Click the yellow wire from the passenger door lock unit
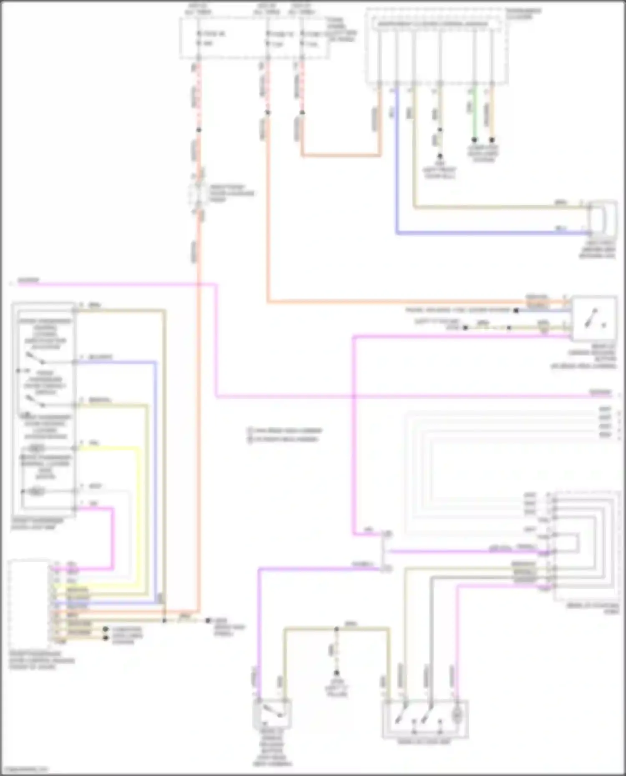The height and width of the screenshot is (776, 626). pyautogui.click(x=138, y=500)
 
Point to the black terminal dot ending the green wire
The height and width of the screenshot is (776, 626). pyautogui.click(x=475, y=140)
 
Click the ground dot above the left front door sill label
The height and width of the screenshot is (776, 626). pyautogui.click(x=439, y=156)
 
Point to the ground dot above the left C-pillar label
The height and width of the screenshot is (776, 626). pyautogui.click(x=336, y=673)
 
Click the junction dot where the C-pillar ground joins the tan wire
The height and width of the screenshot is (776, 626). pyautogui.click(x=336, y=628)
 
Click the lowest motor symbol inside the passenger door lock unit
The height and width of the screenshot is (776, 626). pyautogui.click(x=37, y=492)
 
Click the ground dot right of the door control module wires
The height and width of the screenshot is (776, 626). pyautogui.click(x=207, y=620)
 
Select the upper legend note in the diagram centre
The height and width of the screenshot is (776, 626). pyautogui.click(x=285, y=430)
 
